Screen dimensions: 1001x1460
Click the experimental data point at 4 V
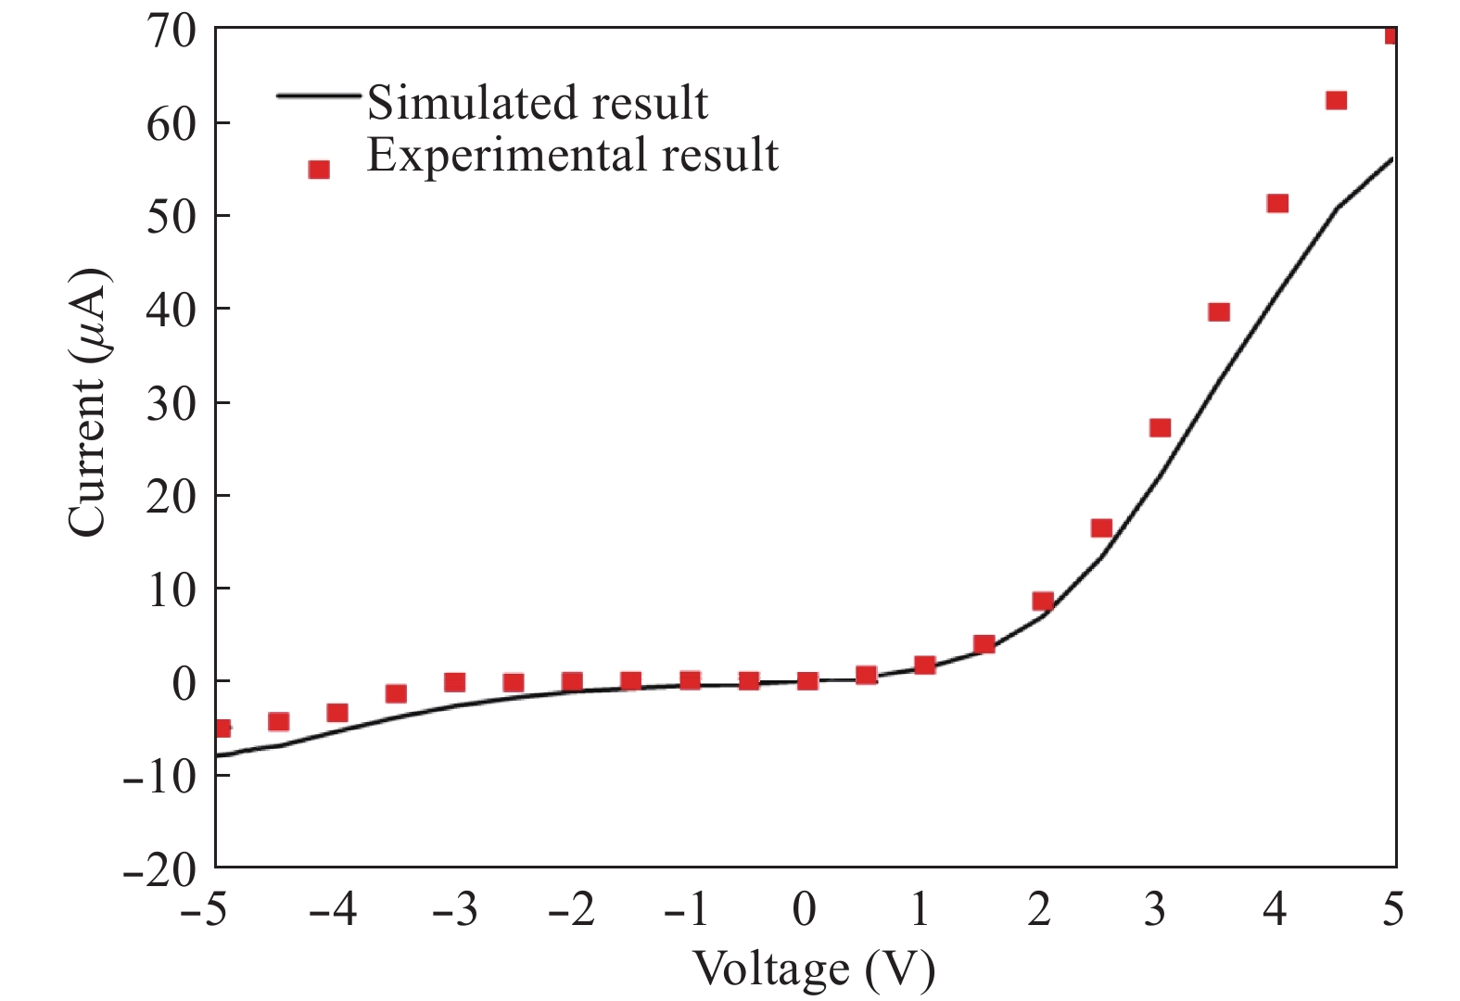tap(1276, 203)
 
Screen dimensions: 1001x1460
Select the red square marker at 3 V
tap(1160, 427)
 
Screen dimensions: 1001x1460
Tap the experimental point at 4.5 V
tap(1336, 100)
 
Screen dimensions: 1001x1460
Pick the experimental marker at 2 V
tap(1043, 601)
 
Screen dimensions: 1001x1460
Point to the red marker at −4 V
tap(337, 713)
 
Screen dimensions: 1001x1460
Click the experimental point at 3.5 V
tap(1219, 311)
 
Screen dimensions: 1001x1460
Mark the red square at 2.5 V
tap(1101, 528)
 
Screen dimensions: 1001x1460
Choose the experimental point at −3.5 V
tap(396, 693)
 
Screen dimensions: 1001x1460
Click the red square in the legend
tap(319, 170)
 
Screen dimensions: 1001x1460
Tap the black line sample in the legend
tap(318, 95)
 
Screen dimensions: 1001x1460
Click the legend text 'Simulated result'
tap(537, 102)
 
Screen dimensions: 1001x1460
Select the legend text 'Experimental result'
tap(572, 155)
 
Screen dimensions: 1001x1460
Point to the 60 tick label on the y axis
tap(171, 123)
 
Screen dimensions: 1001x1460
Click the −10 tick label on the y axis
tap(159, 775)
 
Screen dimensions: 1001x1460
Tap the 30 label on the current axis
tap(171, 403)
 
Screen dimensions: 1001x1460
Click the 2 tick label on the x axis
tap(1039, 910)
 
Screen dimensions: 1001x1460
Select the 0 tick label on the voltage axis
tap(806, 910)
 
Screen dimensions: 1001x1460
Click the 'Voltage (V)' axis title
tap(814, 969)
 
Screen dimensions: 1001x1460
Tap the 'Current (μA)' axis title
tap(88, 403)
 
